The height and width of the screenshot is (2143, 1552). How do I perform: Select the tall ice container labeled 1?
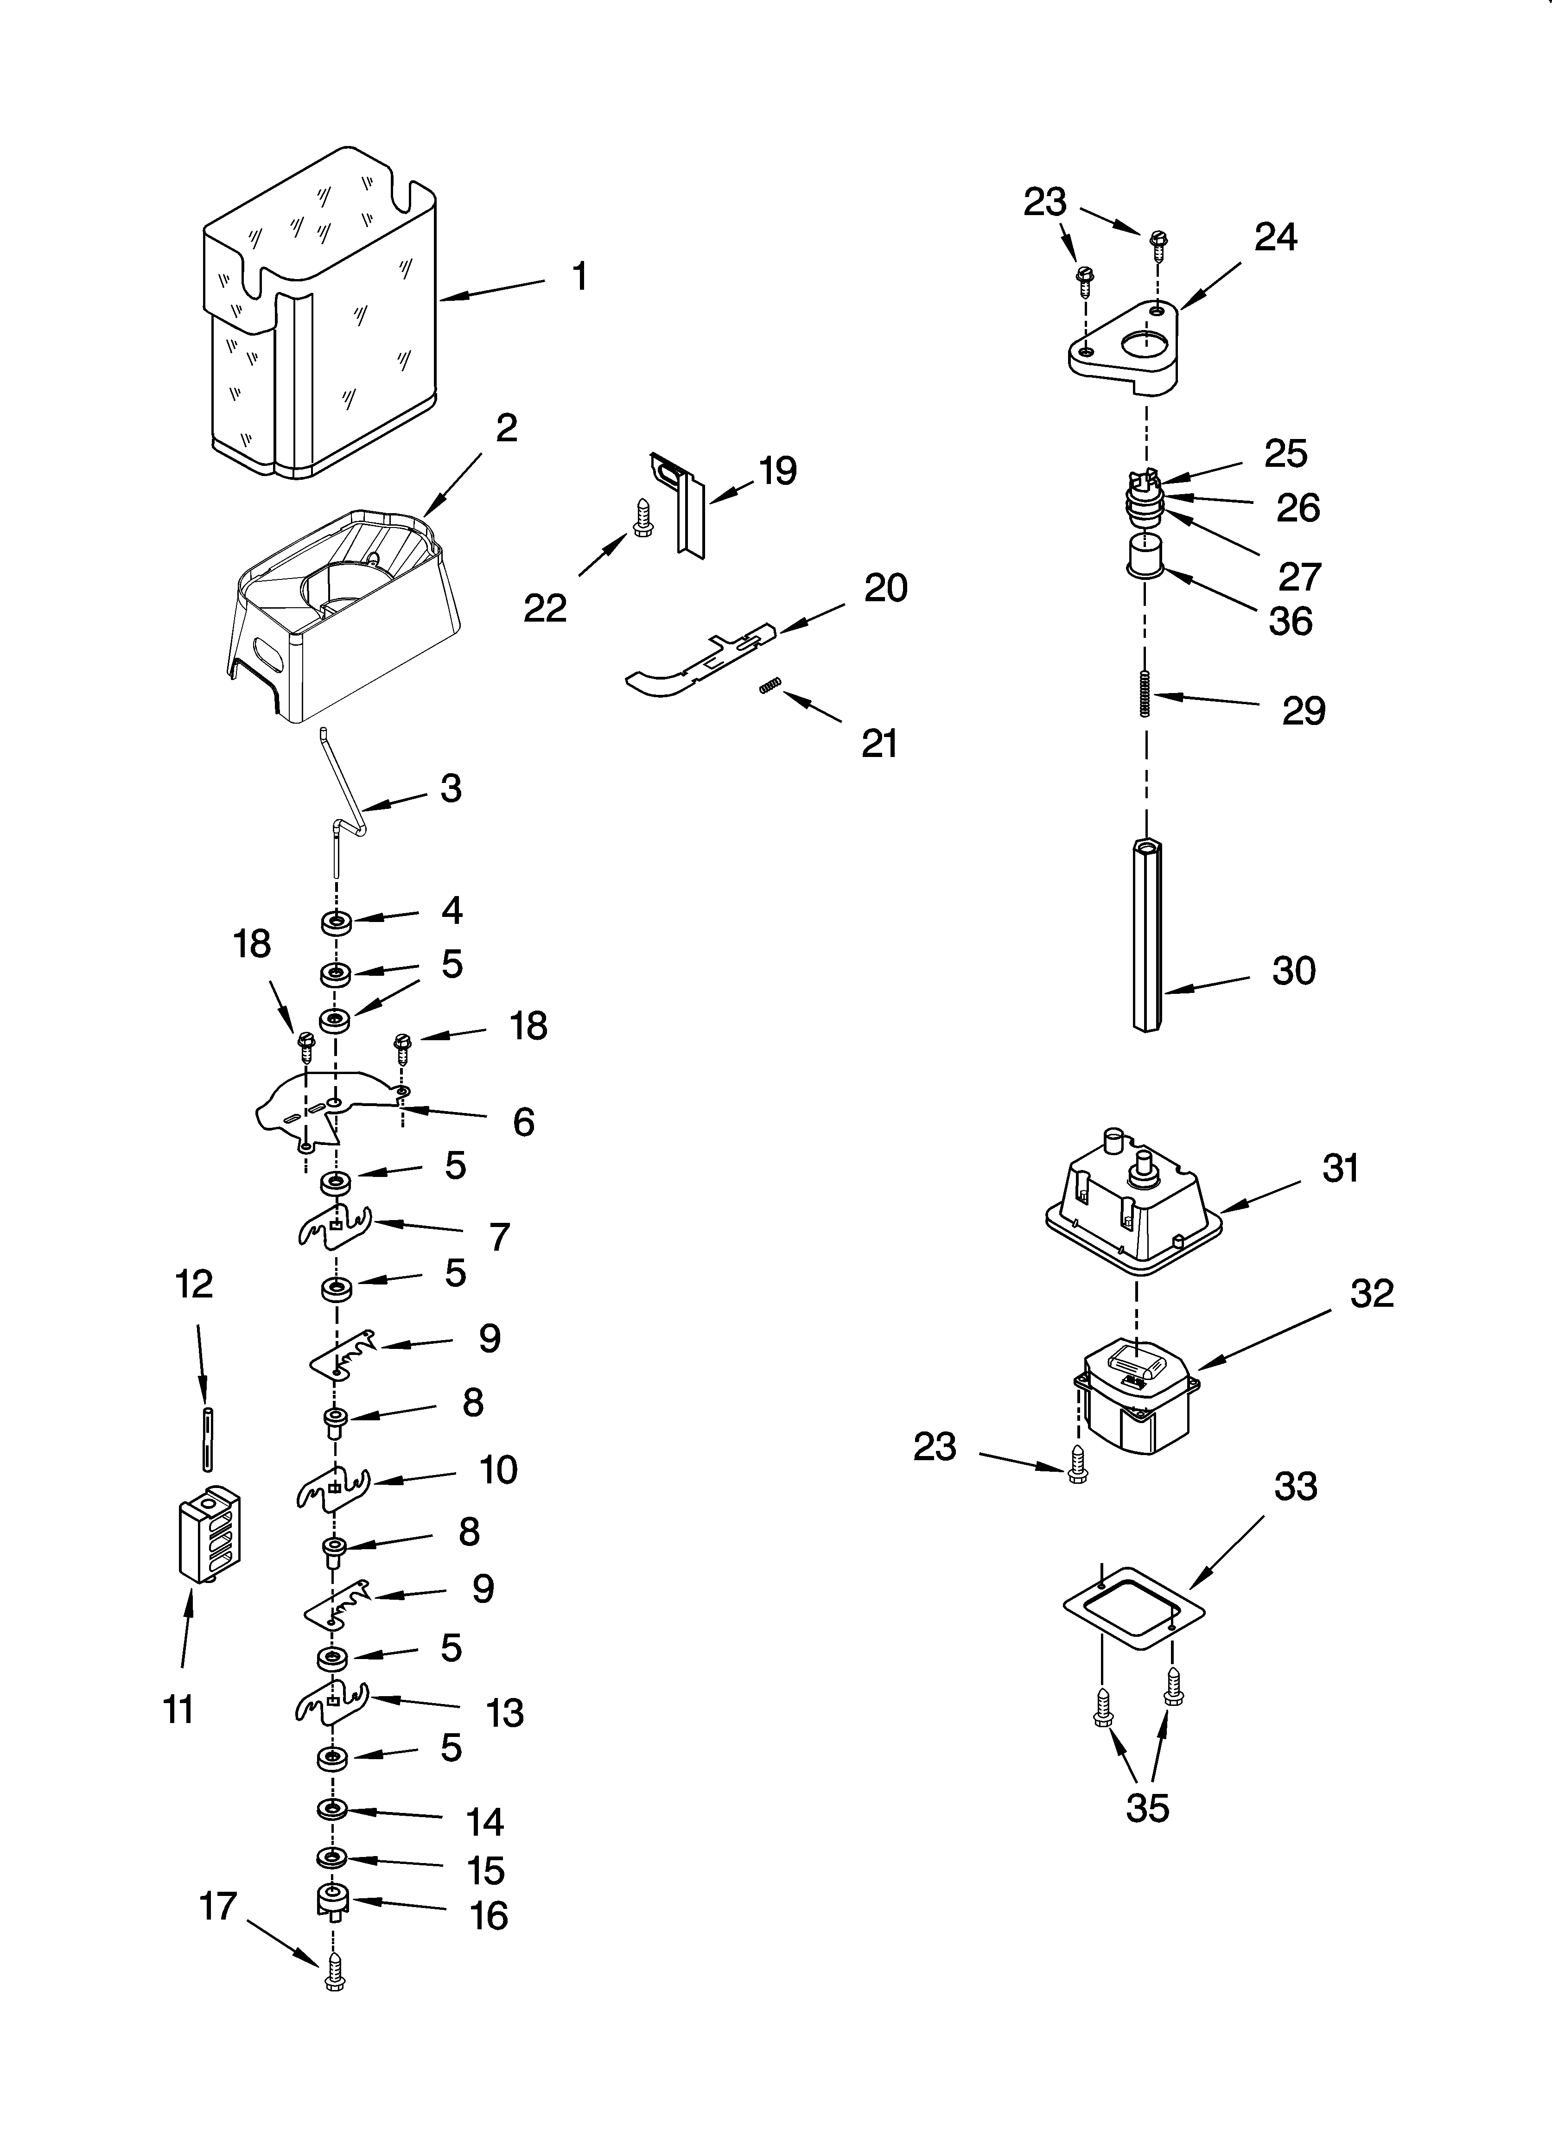[321, 312]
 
